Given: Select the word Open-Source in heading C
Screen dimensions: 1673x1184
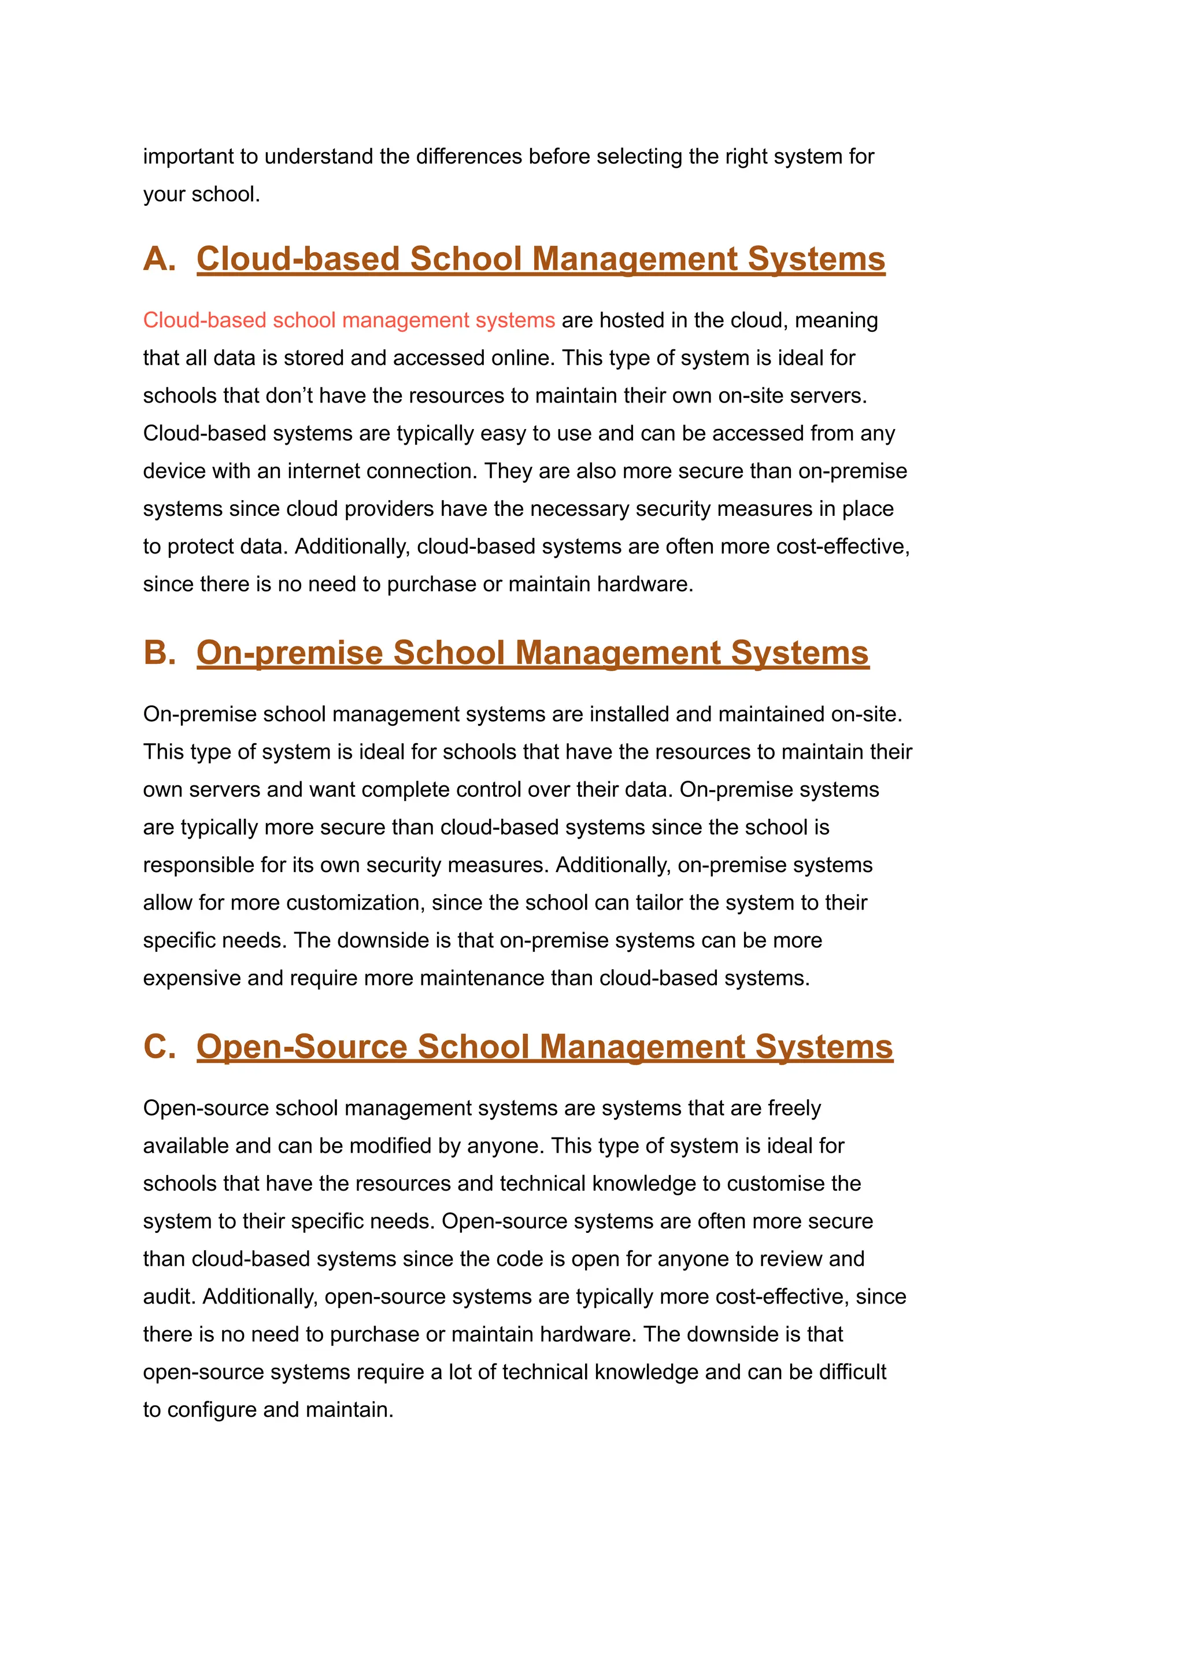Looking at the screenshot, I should coord(301,1047).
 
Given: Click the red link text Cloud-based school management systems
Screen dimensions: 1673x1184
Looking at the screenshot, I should coord(349,320).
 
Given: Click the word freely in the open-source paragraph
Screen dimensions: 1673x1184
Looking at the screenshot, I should coord(794,1108).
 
